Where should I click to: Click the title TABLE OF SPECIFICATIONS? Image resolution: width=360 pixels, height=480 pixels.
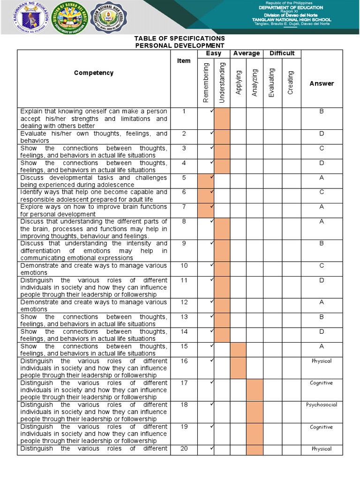[180, 38]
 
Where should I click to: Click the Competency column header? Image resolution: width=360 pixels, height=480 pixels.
[94, 73]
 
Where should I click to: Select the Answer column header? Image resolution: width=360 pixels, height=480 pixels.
[322, 83]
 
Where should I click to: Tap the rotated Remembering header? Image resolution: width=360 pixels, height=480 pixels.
[206, 82]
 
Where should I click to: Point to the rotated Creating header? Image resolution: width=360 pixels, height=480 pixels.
[290, 82]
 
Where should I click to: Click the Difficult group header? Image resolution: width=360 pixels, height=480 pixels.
[282, 53]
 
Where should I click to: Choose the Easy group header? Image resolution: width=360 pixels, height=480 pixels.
[214, 53]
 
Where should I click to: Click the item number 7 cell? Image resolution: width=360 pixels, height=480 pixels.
[184, 207]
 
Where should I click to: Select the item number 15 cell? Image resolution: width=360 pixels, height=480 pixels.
[184, 346]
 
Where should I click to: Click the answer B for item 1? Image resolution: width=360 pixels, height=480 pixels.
[322, 112]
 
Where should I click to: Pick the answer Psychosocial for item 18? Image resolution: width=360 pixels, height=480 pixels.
[322, 405]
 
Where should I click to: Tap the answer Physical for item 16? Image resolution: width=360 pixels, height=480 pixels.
[322, 361]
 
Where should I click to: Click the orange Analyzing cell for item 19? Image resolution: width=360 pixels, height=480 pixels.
[255, 434]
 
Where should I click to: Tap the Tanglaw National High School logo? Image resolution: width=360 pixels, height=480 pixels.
[109, 17]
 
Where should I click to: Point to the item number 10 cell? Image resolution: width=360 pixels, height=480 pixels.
[184, 265]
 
